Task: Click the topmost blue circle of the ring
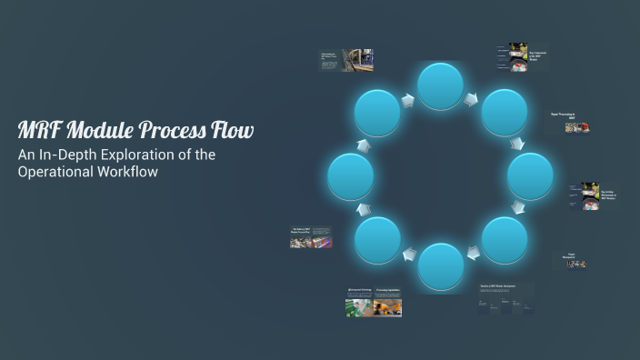click(x=441, y=86)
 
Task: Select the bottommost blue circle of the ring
click(x=441, y=266)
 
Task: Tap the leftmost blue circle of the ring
click(x=351, y=176)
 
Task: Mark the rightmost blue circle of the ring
click(x=530, y=176)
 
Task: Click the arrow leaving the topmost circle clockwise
click(x=471, y=99)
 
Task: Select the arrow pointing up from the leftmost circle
click(x=363, y=145)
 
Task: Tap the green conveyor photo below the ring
click(x=358, y=307)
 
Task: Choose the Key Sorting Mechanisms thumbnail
click(x=590, y=196)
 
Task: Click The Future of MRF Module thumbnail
click(x=311, y=238)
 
